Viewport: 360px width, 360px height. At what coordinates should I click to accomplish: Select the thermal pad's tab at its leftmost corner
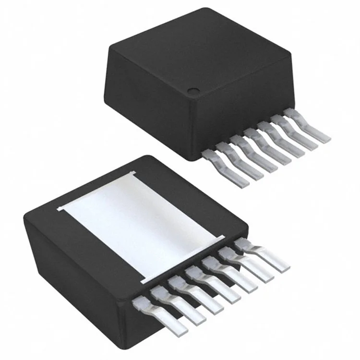coord(60,209)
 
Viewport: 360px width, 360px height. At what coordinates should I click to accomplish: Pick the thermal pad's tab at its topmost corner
coord(131,173)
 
